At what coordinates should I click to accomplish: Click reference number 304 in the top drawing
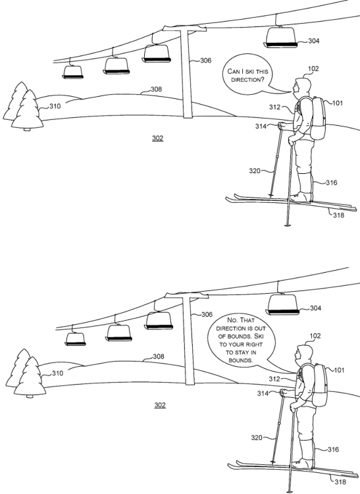tap(314, 41)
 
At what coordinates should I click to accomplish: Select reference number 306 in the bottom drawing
tap(207, 314)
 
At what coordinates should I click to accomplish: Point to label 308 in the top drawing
tap(157, 89)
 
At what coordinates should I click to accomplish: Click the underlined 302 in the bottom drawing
tap(160, 405)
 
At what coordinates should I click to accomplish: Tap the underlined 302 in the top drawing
tap(158, 138)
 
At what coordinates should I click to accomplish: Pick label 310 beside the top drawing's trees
tap(55, 106)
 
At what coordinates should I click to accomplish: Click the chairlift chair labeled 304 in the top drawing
tap(281, 37)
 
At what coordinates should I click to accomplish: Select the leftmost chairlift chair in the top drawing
tap(73, 72)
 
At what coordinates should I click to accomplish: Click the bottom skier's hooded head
tap(304, 354)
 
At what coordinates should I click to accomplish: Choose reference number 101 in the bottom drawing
tap(338, 370)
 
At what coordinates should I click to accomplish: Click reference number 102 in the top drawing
tap(313, 69)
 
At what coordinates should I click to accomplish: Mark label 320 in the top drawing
tap(255, 171)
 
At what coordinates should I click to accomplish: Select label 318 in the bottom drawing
tap(340, 482)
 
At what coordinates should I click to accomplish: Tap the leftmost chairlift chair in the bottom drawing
tap(75, 339)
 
